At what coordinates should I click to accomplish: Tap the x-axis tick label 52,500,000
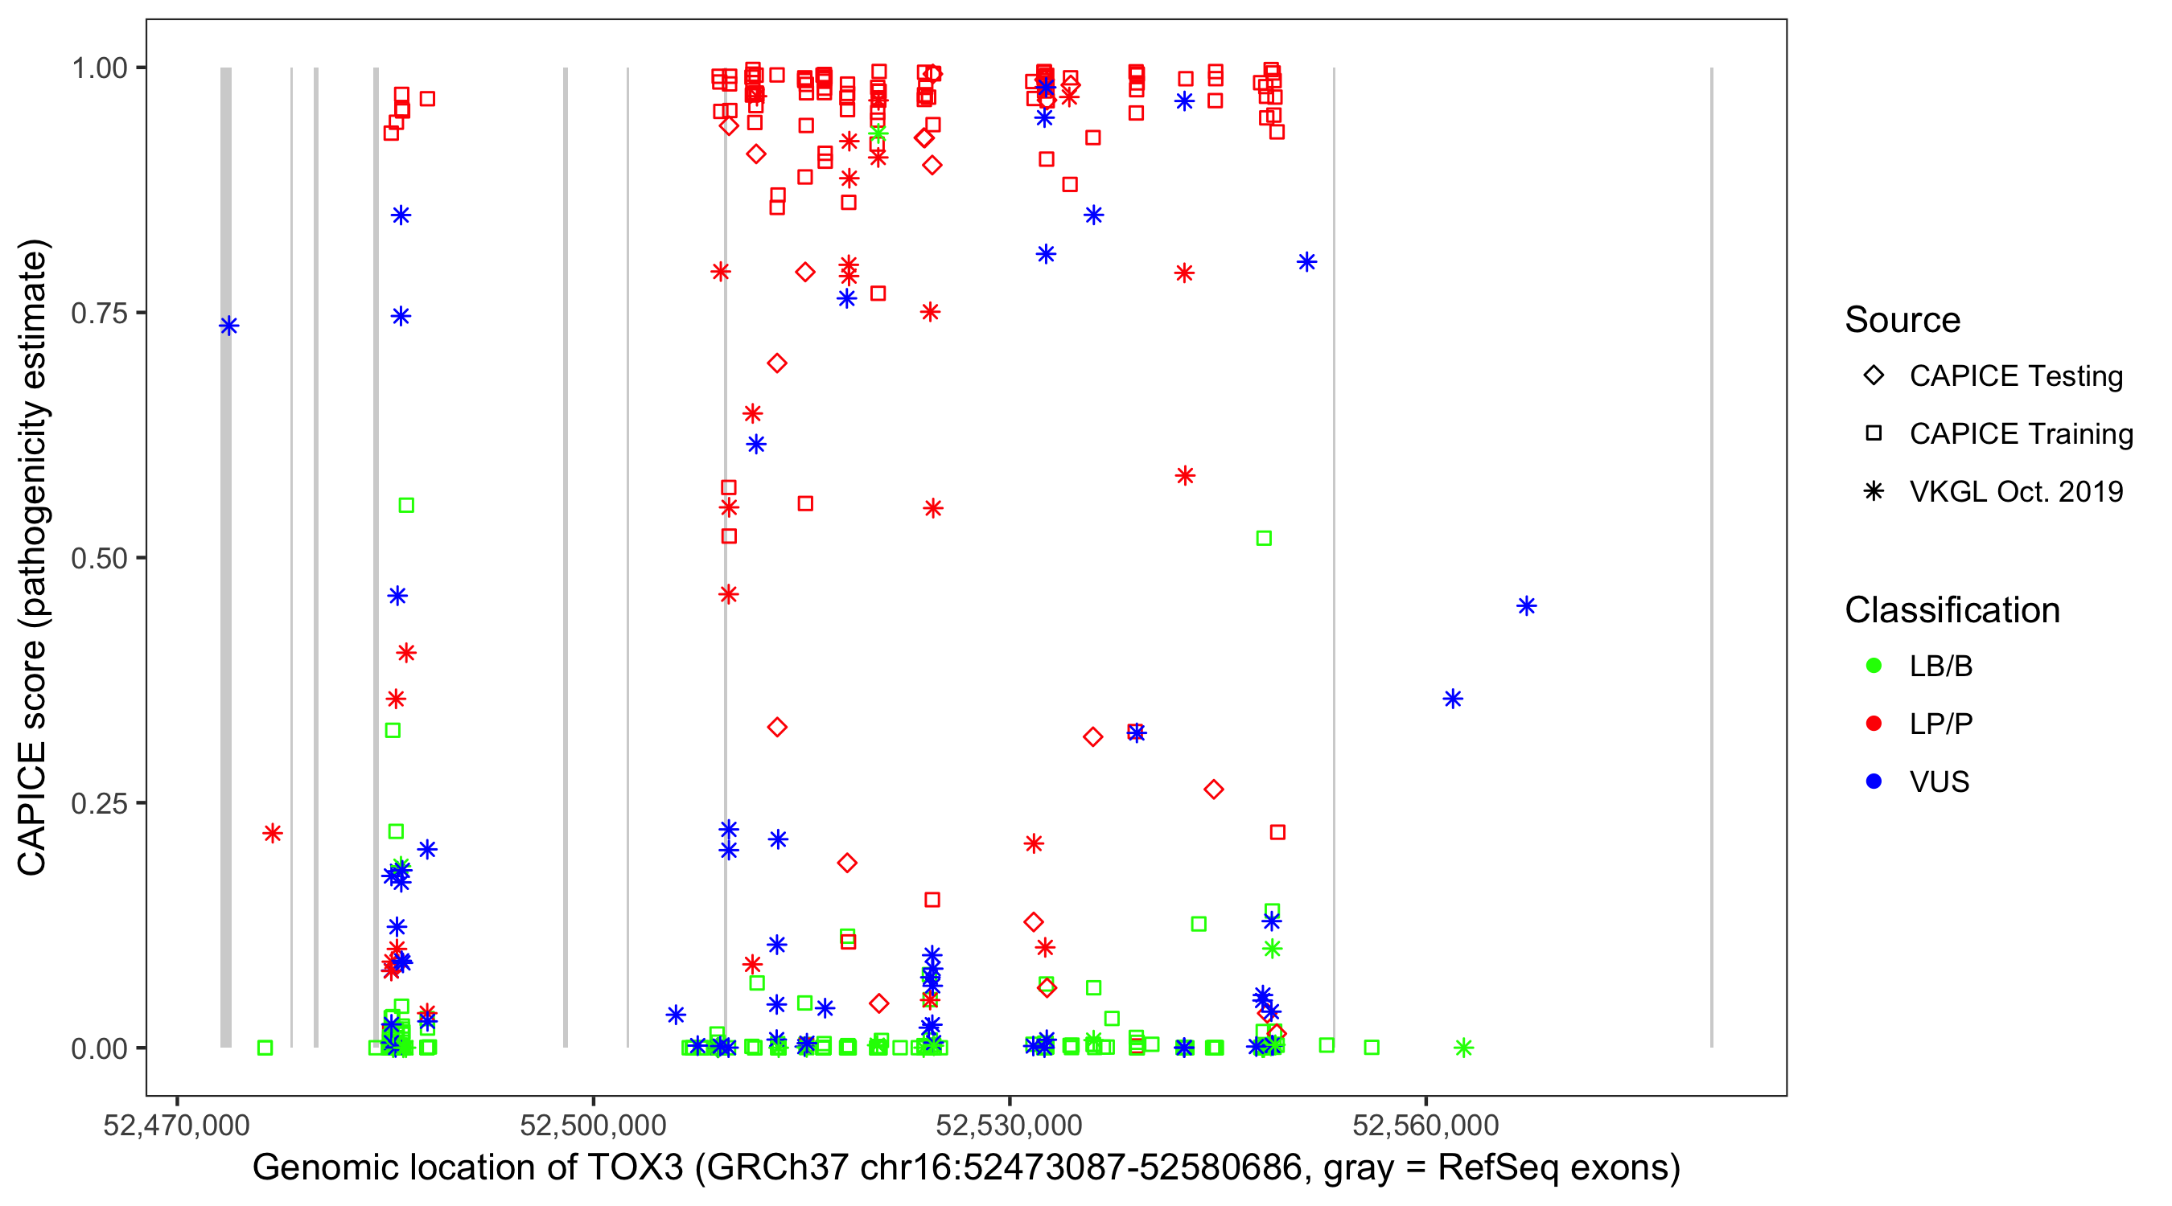pos(593,1125)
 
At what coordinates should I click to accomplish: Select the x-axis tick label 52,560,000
pos(1425,1125)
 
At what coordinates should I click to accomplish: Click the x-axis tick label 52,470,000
pos(176,1125)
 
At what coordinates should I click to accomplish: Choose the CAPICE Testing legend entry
pos(2015,376)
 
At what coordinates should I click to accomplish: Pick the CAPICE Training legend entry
pos(2020,434)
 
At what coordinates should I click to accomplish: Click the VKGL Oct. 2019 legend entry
pos(2015,491)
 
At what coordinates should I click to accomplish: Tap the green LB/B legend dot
pos(1874,666)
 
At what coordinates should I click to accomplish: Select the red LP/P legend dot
pos(1874,724)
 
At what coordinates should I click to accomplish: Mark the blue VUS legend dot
pos(1874,781)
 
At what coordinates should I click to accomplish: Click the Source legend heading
pos(1903,320)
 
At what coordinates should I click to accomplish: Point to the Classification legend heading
pos(1952,610)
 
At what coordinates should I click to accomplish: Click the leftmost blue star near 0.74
pos(228,326)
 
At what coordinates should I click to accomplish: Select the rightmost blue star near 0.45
pos(1526,606)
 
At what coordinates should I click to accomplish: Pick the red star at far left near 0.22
pos(273,834)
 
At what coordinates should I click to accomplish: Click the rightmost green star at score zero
pos(1464,1048)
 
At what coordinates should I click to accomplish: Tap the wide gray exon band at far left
pos(226,556)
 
